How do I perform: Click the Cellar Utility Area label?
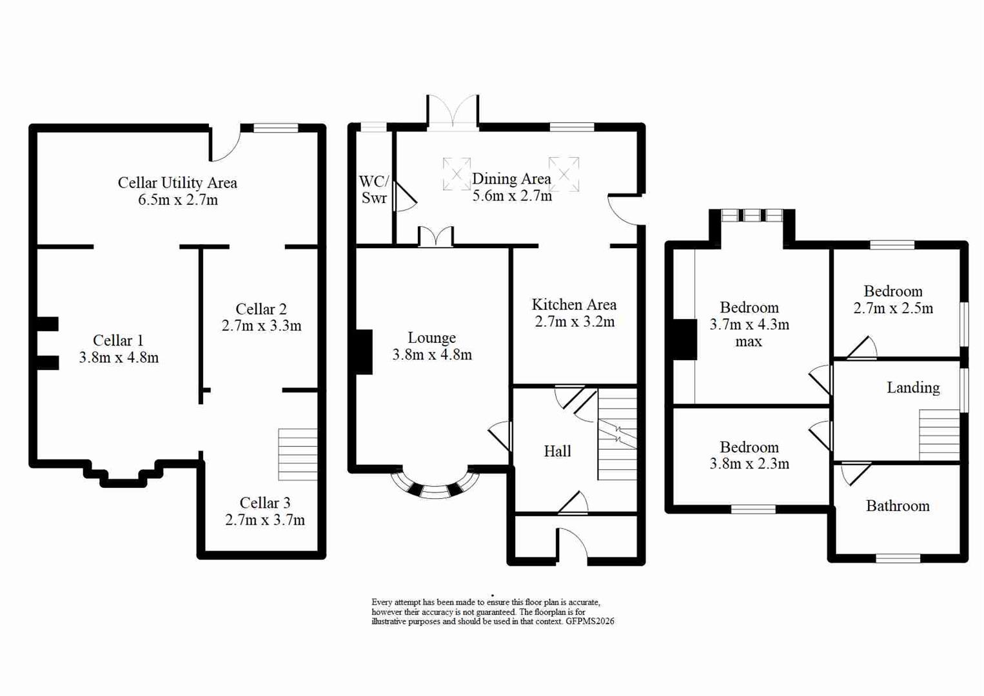(x=177, y=183)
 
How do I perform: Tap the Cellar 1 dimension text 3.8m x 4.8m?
(x=119, y=358)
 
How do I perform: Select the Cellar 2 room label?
(x=261, y=309)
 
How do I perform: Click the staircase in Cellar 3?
(x=297, y=454)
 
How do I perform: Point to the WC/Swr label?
(x=374, y=189)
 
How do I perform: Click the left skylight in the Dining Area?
(x=457, y=174)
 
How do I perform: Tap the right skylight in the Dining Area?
(x=564, y=173)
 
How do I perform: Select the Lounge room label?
(x=431, y=338)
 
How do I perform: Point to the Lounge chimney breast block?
(x=364, y=352)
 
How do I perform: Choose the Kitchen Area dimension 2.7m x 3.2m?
(x=575, y=322)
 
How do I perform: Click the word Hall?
(x=557, y=451)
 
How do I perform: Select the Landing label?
(x=912, y=387)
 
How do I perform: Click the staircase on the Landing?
(x=939, y=435)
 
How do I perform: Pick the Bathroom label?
(x=898, y=506)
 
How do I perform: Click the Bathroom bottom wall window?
(x=898, y=558)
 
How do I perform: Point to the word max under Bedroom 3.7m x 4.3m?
(x=749, y=342)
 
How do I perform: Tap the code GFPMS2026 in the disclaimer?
(x=589, y=622)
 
